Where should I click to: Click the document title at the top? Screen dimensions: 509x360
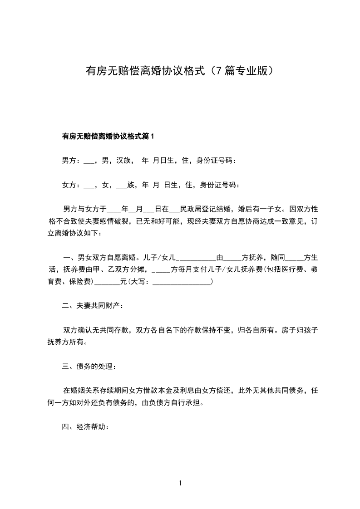coord(180,71)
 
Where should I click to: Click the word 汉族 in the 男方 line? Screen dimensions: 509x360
coord(123,160)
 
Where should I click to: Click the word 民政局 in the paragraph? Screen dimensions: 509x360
coord(191,209)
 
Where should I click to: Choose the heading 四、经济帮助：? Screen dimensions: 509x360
coord(86,427)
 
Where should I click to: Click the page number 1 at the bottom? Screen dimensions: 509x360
coord(180,484)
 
